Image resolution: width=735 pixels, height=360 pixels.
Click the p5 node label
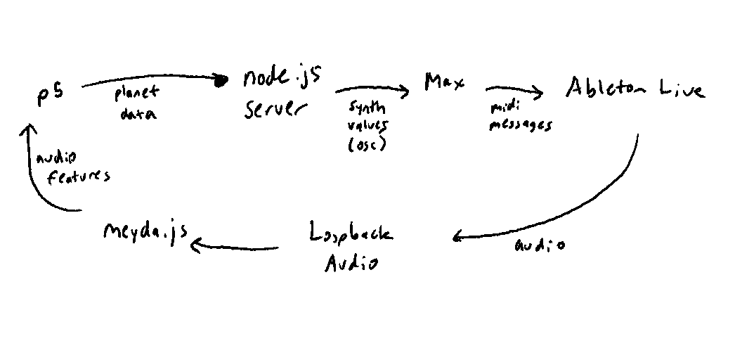(x=50, y=94)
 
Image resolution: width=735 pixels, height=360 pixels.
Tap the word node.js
(x=282, y=78)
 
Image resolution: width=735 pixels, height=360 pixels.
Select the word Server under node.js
(x=275, y=110)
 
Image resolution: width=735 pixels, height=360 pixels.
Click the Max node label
(x=444, y=82)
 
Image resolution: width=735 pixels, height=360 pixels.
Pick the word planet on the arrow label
(x=137, y=93)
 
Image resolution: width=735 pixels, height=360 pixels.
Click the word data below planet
(x=138, y=113)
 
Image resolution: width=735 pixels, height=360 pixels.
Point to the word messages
(x=520, y=125)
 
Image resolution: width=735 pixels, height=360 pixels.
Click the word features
(x=78, y=176)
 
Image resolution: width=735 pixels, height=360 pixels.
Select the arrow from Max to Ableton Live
(x=514, y=90)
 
